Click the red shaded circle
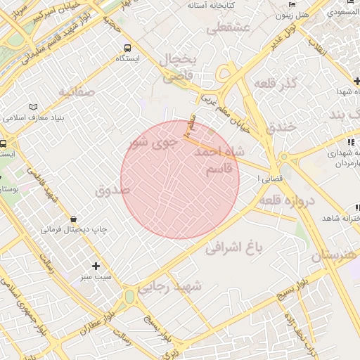tap(180, 180)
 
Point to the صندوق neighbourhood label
tap(112, 190)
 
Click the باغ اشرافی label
tap(234, 247)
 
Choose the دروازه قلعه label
tap(288, 201)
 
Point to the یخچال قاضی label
tap(178, 67)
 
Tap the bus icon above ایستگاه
tap(127, 49)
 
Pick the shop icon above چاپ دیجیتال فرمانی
tap(74, 219)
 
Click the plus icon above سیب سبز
tap(96, 266)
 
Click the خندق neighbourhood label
tap(281, 128)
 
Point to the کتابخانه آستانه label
tap(210, 5)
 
